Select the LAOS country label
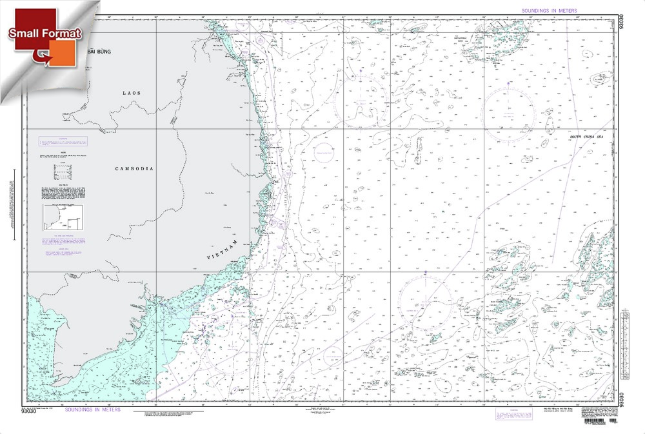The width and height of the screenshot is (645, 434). pos(131,93)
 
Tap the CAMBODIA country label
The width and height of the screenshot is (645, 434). pos(134,168)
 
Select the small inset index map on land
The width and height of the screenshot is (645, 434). pos(63,217)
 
